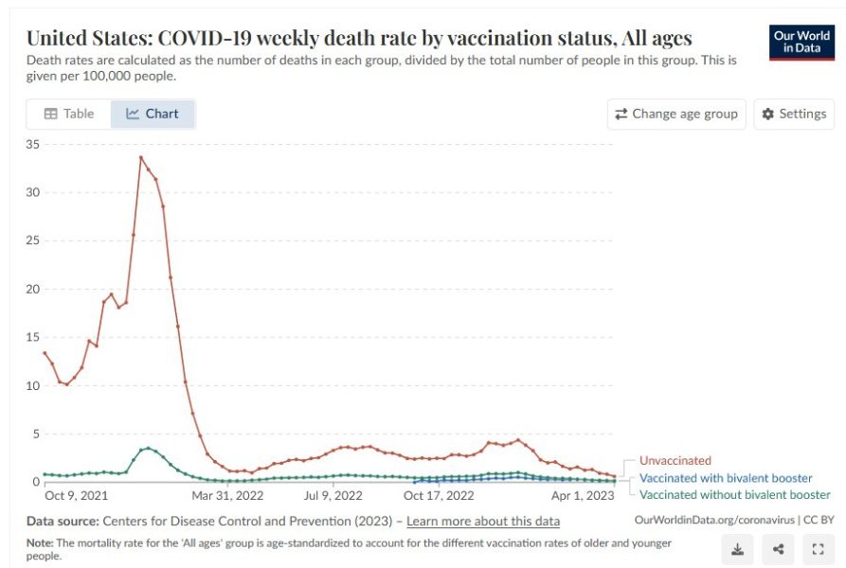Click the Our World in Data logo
coord(801,42)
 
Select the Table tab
coord(68,114)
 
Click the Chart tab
coord(153,114)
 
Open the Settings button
coord(794,114)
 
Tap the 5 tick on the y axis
coord(36,434)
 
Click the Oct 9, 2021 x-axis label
coord(76,495)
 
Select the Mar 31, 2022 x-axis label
coord(227,495)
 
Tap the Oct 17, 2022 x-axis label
coord(439,495)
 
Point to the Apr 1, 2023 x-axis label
coord(583,495)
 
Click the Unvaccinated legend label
coord(675,461)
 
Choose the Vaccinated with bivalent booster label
coord(726,478)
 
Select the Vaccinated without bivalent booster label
coord(735,494)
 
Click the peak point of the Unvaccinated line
coord(141,157)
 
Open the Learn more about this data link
coord(483,522)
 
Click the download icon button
coord(738,549)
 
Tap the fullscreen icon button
coord(818,549)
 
